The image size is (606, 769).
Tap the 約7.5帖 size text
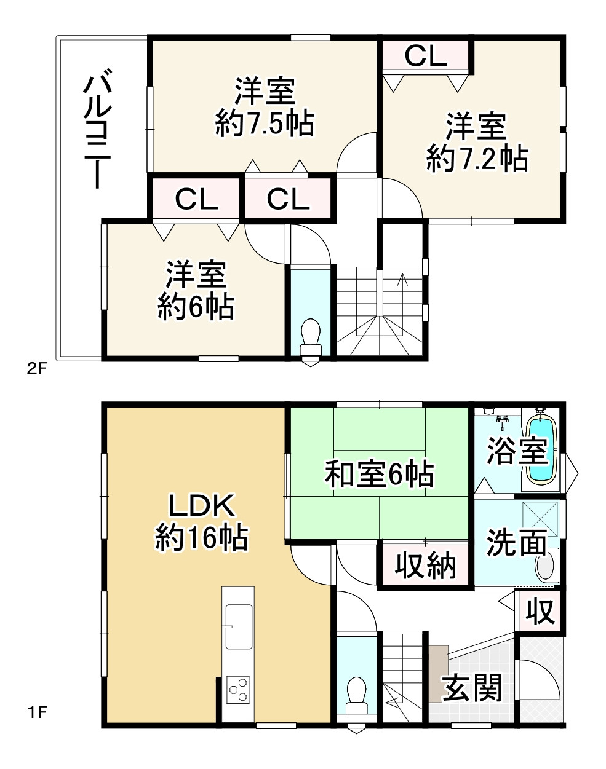click(x=265, y=124)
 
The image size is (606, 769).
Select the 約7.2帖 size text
click(x=477, y=159)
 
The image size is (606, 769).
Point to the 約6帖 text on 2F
click(x=196, y=307)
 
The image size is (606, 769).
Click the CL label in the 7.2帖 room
click(x=426, y=56)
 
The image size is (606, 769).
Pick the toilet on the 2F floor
click(x=310, y=339)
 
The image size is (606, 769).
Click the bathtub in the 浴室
click(x=541, y=449)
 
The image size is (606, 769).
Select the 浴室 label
click(x=517, y=450)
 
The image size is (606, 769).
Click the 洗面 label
click(x=517, y=542)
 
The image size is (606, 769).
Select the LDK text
click(x=202, y=506)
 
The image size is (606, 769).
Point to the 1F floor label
click(x=38, y=713)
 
